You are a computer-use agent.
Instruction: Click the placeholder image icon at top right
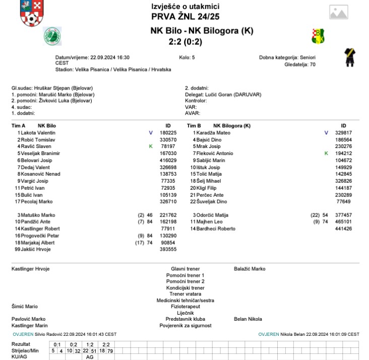point(342,12)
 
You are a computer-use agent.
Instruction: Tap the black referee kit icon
point(348,58)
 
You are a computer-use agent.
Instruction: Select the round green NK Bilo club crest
point(52,36)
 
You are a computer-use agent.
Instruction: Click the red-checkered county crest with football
point(31,14)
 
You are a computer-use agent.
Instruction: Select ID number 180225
point(167,132)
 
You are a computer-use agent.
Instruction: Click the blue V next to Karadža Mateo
point(326,132)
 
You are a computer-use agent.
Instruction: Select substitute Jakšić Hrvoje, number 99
point(35,249)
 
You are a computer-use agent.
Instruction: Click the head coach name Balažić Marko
point(250,269)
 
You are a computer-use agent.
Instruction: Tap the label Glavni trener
point(185,269)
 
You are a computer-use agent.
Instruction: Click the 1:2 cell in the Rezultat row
point(89,344)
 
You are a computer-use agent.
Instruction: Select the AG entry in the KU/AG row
point(90,356)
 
